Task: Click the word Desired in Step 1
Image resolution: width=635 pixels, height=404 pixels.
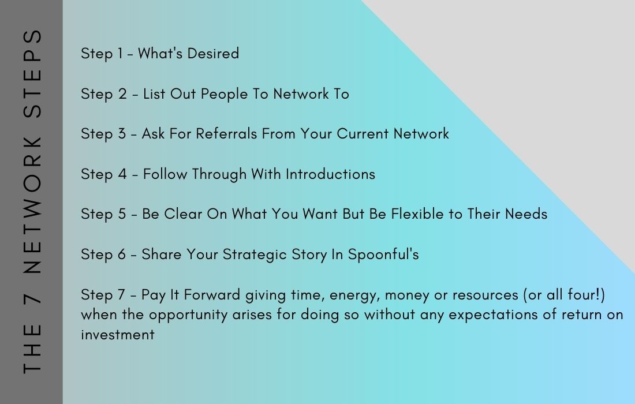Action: (213, 54)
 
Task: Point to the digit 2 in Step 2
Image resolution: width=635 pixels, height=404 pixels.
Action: (123, 94)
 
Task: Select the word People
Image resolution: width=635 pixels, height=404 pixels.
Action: (224, 94)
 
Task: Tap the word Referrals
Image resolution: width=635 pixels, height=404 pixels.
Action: (226, 133)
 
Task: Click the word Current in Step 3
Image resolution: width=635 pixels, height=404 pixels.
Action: (363, 133)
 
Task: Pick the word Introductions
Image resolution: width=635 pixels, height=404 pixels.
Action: (330, 174)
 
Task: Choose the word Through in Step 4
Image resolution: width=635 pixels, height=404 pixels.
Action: (219, 174)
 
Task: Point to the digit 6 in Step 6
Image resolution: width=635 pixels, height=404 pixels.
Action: (121, 255)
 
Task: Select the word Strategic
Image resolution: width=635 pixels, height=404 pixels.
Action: (249, 255)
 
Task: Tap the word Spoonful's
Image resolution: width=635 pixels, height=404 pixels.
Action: (383, 255)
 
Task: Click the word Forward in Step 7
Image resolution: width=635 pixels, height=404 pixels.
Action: (212, 295)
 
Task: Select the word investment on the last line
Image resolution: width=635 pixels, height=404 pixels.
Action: (117, 335)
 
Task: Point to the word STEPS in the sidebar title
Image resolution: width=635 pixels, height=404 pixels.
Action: (32, 74)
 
